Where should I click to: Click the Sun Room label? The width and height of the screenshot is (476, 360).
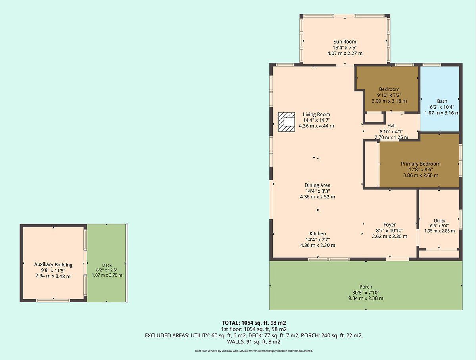click(345, 42)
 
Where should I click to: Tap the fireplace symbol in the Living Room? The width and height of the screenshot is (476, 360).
click(286, 122)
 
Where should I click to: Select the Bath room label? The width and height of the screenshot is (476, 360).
click(442, 101)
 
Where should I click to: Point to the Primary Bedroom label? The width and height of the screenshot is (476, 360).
click(420, 164)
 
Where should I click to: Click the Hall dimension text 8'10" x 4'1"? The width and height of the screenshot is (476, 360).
click(392, 131)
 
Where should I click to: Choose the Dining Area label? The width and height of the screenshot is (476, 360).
click(317, 185)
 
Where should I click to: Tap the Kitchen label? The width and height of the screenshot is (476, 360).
click(317, 234)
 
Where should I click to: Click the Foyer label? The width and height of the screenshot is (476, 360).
click(390, 225)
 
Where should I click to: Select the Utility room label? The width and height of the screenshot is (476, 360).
click(440, 221)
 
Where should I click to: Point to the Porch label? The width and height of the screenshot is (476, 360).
click(366, 287)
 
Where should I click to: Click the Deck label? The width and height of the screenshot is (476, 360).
click(107, 265)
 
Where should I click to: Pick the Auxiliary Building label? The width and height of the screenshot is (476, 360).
click(53, 265)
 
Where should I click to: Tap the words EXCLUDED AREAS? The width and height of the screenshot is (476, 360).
click(167, 335)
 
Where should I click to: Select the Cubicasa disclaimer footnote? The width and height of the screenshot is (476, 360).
click(254, 351)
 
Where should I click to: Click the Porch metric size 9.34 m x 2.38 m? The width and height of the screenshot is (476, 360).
click(366, 298)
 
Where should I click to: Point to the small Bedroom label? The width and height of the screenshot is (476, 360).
click(389, 89)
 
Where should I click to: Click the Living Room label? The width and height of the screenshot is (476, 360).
click(317, 114)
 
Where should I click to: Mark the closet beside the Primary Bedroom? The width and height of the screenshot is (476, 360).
click(372, 164)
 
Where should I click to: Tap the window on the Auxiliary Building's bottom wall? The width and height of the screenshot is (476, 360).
click(53, 300)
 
